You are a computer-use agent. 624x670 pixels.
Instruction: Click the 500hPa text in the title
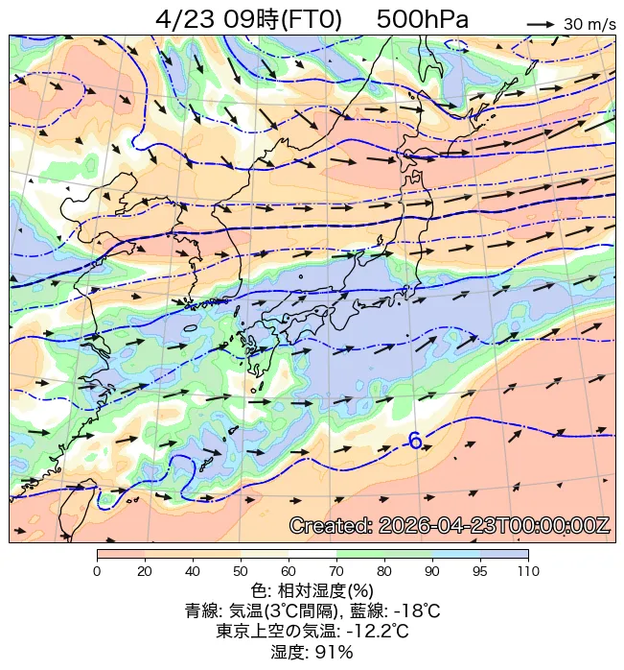(422, 18)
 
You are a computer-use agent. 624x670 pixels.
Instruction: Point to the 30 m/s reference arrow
(542, 24)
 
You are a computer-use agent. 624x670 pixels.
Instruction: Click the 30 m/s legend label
(589, 24)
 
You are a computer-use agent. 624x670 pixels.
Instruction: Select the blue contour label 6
(415, 441)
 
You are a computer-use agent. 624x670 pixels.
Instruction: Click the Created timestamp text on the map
(449, 526)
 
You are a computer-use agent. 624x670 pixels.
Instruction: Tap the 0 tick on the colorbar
(97, 572)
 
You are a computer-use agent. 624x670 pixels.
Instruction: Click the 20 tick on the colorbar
(145, 572)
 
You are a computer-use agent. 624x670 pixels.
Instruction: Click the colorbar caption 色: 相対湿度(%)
(312, 589)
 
